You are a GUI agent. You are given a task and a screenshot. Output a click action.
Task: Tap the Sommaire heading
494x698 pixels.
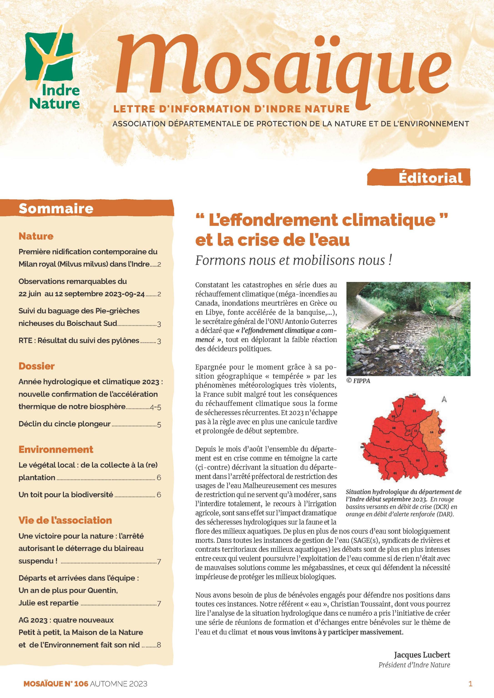[56, 209]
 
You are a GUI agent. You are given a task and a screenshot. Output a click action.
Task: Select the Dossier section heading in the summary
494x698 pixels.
[37, 366]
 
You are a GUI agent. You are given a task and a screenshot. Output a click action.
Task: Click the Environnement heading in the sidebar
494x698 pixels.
[56, 449]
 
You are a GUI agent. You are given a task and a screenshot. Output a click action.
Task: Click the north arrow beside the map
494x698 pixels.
[444, 399]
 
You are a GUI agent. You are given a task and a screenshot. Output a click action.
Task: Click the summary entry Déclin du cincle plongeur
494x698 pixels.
[65, 424]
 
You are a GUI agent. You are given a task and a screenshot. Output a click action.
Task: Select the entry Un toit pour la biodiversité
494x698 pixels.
[66, 495]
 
